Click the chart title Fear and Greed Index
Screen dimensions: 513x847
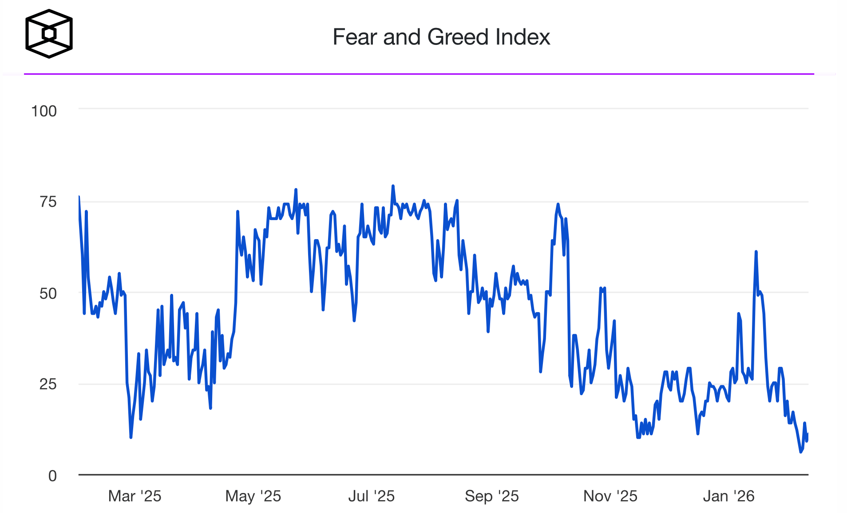[441, 37]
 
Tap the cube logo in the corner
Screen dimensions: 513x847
[49, 34]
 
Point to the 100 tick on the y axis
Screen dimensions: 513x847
[44, 111]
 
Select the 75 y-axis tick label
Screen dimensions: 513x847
[48, 202]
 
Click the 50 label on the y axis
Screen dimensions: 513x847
[48, 293]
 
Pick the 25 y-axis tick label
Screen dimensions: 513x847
[48, 384]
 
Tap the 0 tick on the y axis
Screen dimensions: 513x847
[52, 476]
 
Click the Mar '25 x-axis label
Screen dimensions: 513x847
[135, 496]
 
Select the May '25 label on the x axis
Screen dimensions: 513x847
[253, 496]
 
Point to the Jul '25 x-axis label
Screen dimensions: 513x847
[371, 496]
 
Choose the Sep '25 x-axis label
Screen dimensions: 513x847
[491, 496]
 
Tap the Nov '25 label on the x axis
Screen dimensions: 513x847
[610, 496]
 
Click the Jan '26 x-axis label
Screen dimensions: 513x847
[728, 496]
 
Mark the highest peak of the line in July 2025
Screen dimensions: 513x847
[393, 186]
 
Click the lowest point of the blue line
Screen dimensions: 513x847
[801, 452]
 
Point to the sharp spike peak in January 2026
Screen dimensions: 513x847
[756, 252]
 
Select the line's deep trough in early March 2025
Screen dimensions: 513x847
[131, 437]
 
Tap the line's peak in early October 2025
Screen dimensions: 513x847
[558, 204]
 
